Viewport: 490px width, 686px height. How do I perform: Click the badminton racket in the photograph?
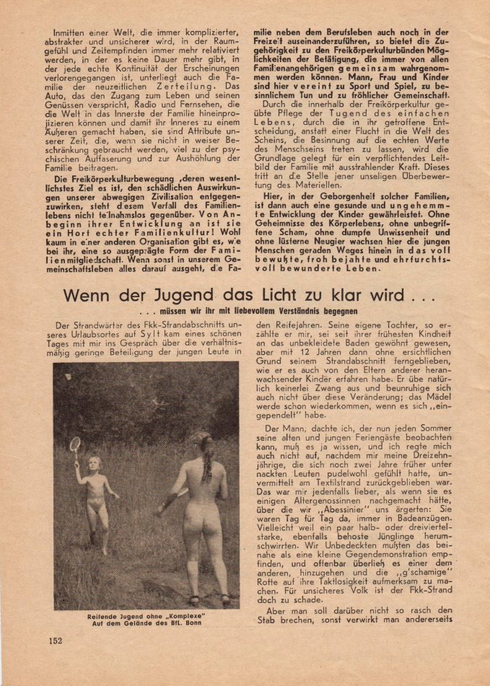(74, 444)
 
